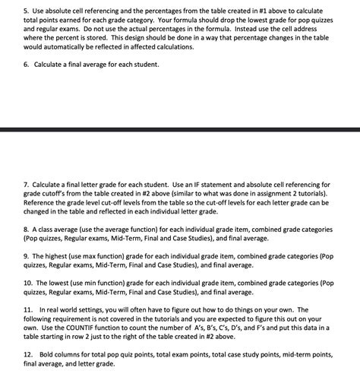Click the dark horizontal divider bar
(x=180, y=128)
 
